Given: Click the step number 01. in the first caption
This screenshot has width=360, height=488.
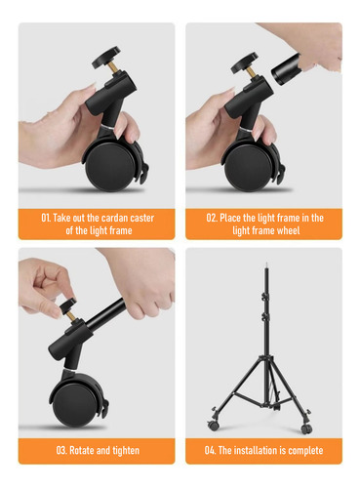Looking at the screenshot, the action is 46,218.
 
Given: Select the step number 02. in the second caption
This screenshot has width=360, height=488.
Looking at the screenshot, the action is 212,218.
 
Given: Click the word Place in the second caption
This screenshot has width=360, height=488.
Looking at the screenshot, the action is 230,218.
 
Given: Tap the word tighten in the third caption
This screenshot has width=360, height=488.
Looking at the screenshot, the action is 126,451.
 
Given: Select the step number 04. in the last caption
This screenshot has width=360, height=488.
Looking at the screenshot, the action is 210,450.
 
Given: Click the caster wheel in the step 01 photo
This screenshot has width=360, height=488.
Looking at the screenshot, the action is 110,167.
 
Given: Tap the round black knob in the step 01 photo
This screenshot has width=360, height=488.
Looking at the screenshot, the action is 106,57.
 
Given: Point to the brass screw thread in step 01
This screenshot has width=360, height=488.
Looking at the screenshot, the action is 114,68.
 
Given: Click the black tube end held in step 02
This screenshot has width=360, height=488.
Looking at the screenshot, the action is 286,70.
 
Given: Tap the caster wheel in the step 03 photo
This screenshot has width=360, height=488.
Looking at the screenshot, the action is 75,404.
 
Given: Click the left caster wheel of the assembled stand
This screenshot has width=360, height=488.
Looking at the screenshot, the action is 213,425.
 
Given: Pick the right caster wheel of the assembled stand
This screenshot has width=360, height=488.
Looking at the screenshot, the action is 306,428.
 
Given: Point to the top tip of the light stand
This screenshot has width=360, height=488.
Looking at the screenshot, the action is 266,263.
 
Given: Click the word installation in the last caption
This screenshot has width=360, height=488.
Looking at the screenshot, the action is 256,450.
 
